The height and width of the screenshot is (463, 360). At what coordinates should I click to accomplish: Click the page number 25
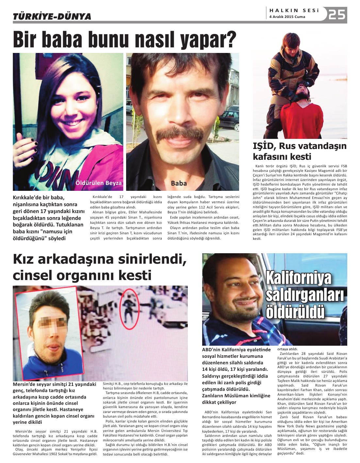coord(337,14)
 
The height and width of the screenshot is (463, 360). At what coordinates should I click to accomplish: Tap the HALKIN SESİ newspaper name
coord(294,10)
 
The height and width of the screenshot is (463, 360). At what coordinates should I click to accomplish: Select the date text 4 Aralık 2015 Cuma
coord(287,17)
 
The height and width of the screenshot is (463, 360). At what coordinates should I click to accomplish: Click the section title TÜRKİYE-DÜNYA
coord(52,16)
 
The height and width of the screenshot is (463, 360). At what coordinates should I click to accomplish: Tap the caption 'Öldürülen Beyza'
coord(98,183)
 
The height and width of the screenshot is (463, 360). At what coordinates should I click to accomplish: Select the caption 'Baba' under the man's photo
coord(179,183)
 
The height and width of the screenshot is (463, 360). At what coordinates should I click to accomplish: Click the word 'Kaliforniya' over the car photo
coord(299,278)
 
